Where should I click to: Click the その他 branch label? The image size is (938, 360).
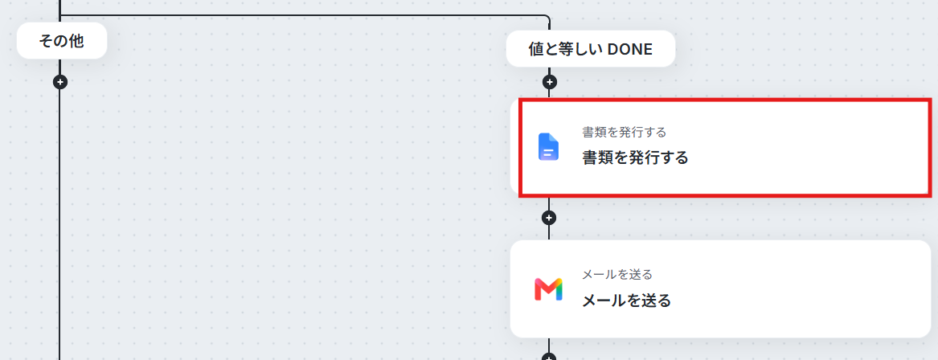62,41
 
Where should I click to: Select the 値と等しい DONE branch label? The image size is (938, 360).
591,49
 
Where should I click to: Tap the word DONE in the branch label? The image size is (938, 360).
629,49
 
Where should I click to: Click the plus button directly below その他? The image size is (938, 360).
59,82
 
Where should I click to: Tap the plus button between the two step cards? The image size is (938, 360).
549,218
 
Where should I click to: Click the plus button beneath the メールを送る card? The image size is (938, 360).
549,357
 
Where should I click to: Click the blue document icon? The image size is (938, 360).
548,147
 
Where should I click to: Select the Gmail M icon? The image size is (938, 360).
548,288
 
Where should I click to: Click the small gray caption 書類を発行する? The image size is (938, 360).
625,132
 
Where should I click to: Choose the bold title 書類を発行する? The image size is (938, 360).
635,157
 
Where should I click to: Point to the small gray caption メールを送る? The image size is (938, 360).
617,275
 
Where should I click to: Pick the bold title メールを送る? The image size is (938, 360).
627,301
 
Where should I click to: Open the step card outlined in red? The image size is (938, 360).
724,147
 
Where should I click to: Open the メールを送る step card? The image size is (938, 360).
720,288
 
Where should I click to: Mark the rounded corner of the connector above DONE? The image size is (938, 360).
547,18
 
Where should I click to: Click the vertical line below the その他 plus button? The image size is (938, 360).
59,225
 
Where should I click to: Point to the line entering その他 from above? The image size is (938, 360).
59,11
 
